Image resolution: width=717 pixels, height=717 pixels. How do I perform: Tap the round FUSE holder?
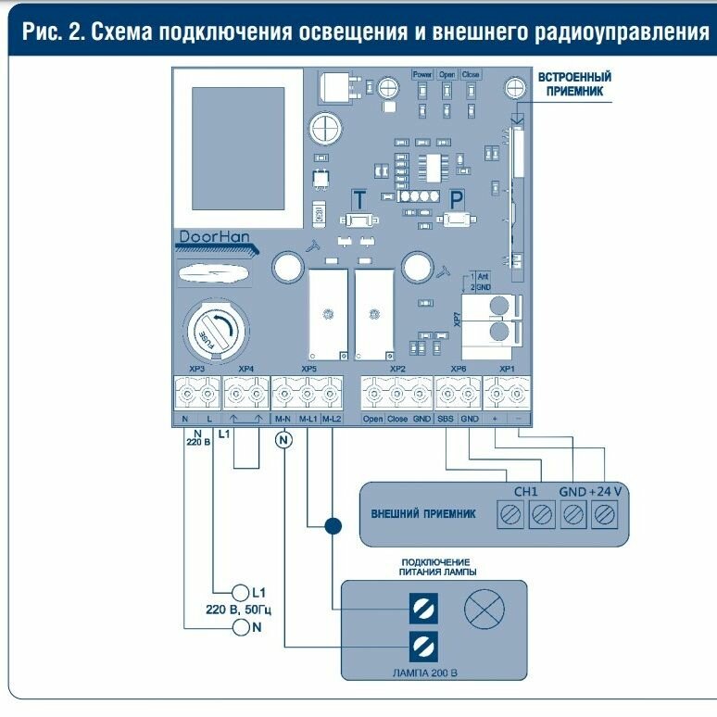tap(211, 332)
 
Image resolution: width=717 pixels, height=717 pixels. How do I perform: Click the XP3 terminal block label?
tap(196, 369)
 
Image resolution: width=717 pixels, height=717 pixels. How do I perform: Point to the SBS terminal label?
tap(447, 419)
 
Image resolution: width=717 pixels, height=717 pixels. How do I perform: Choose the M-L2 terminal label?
tap(332, 419)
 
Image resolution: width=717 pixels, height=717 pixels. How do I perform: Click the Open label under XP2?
tap(372, 419)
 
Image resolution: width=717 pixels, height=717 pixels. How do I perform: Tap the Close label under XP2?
tap(396, 419)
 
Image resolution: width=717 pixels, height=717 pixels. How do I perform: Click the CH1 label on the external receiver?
tap(525, 491)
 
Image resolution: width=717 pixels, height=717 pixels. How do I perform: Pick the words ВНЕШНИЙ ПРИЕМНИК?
tap(424, 513)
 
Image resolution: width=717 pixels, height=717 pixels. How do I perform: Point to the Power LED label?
tap(422, 74)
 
